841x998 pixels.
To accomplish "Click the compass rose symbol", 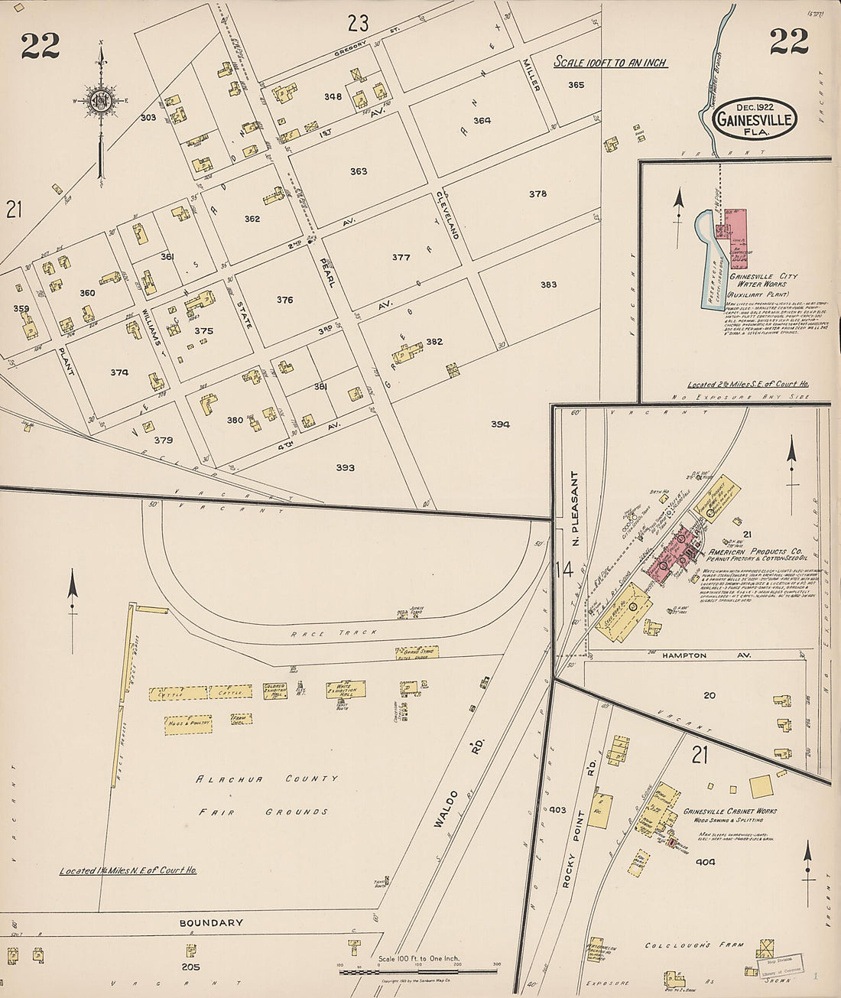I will pyautogui.click(x=100, y=100).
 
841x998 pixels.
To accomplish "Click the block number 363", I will pyautogui.click(x=359, y=171).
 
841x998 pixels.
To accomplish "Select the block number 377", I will pyautogui.click(x=401, y=258).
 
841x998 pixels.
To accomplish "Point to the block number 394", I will pyautogui.click(x=501, y=424).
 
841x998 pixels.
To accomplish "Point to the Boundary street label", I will pyautogui.click(x=211, y=923).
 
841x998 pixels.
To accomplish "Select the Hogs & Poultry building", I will pyautogui.click(x=187, y=724).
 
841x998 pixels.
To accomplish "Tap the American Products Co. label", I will pyautogui.click(x=754, y=551).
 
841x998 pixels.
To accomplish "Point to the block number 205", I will pyautogui.click(x=190, y=967).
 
